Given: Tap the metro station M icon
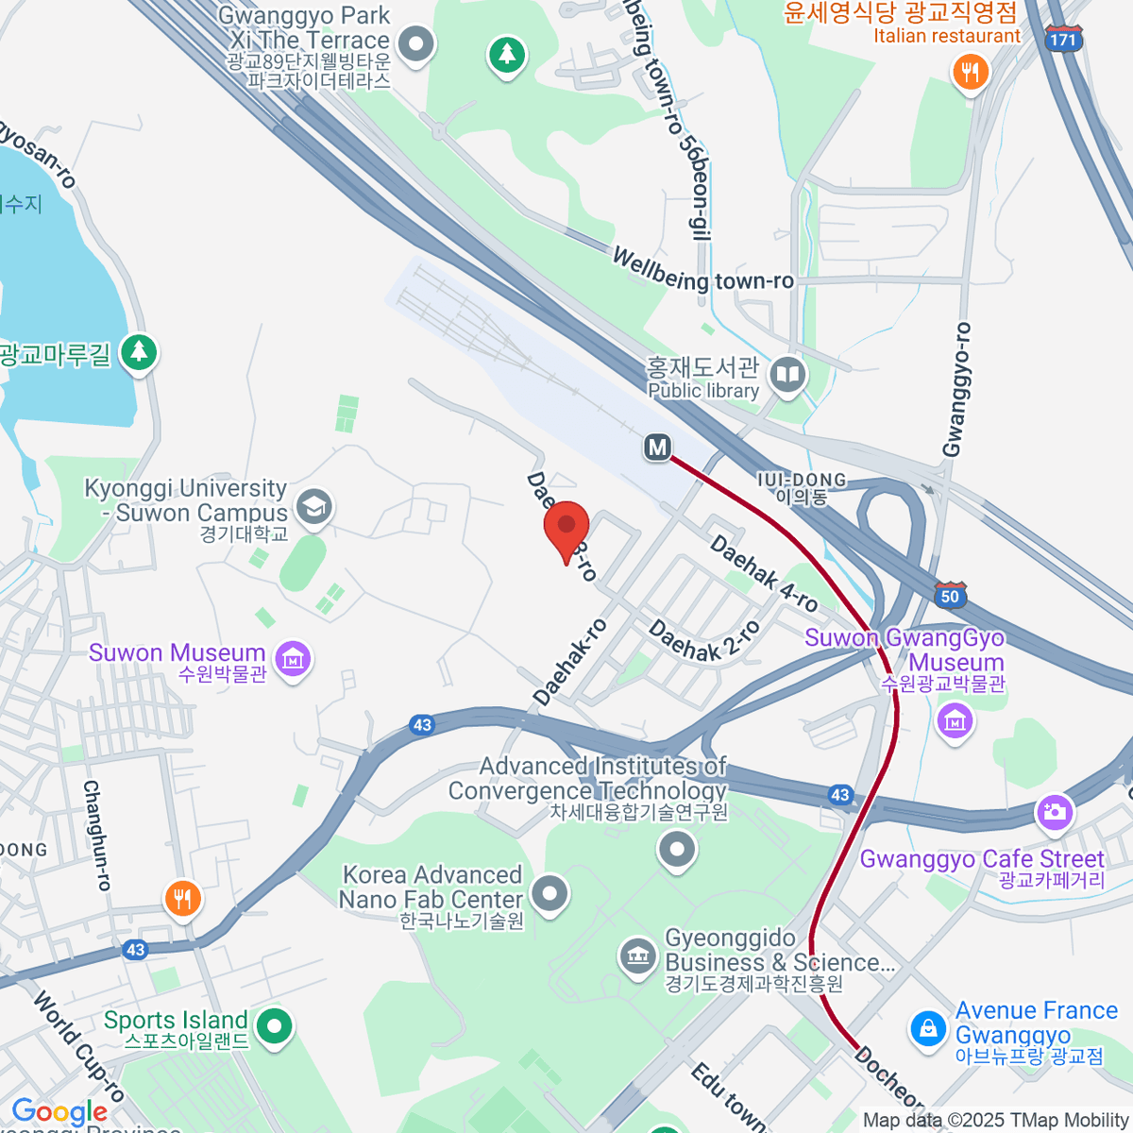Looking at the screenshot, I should tap(657, 448).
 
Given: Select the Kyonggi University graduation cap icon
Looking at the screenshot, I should tap(313, 507).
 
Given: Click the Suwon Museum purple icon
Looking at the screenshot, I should tap(293, 658).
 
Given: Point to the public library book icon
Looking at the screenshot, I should tap(787, 375).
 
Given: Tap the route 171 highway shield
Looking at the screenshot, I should tap(1063, 39).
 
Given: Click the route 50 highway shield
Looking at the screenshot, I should tap(950, 595).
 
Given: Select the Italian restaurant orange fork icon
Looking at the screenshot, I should tap(970, 72).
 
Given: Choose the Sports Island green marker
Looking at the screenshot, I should tap(274, 1026).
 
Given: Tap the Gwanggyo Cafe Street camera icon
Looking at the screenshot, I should tap(1054, 812).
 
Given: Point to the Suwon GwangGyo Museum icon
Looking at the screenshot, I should tap(955, 721).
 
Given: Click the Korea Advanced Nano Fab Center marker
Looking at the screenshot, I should tap(550, 892).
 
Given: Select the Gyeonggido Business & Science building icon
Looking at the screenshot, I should tap(638, 955).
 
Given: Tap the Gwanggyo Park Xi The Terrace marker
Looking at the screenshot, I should tap(415, 43).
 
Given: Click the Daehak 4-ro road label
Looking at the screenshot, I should tap(764, 573).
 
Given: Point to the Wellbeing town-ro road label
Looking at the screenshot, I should tap(703, 270).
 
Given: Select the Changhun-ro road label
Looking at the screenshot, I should tap(97, 835).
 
